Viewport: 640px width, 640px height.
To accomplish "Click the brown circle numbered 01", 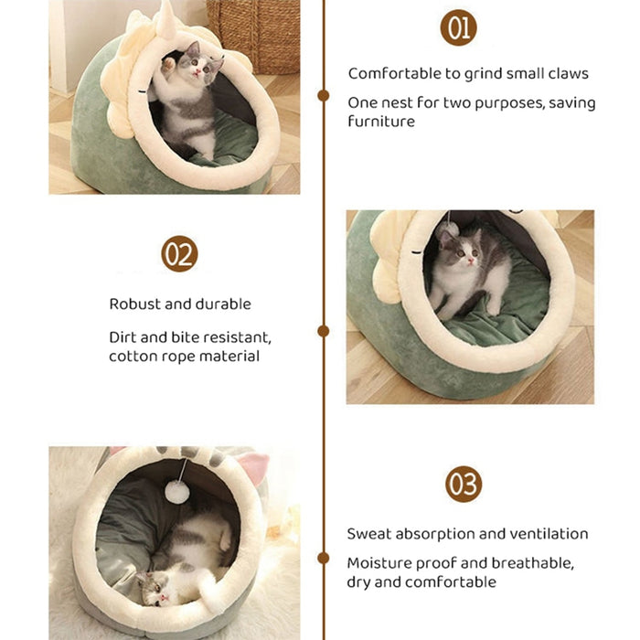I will tap(458, 27).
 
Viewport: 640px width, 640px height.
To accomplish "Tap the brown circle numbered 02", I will tap(179, 254).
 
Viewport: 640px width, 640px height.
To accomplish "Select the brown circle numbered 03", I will tap(464, 484).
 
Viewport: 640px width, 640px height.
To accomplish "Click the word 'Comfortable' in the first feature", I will tap(391, 73).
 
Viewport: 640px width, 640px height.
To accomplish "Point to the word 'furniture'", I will tap(380, 121).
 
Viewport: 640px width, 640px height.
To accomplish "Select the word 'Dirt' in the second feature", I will tap(123, 336).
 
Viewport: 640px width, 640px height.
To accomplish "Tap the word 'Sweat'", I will tap(368, 534).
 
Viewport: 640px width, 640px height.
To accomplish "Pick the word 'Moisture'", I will tap(379, 562).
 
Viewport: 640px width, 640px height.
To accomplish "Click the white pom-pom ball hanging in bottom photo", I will tap(178, 492).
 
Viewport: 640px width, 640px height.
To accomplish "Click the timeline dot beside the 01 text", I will tap(323, 95).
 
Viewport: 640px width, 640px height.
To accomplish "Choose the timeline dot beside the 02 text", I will tap(323, 331).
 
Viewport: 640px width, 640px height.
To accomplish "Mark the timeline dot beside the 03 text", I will tap(323, 557).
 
